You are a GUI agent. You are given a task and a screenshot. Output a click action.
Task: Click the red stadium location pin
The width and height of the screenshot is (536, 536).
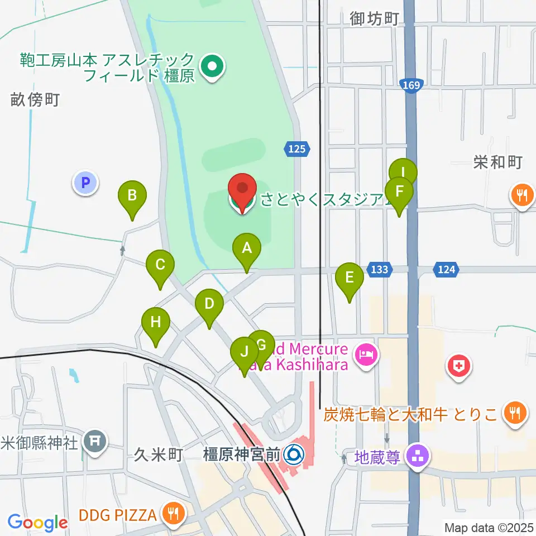tap(242, 193)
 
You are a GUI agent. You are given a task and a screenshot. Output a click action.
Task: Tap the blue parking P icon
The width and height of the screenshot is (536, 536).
tap(85, 182)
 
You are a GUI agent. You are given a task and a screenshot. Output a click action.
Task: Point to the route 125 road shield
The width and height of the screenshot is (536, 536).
tap(297, 149)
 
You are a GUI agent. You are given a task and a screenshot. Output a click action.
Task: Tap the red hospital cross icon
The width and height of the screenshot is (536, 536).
tap(459, 367)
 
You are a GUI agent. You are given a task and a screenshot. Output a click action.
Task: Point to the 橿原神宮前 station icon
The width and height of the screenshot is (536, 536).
tap(293, 455)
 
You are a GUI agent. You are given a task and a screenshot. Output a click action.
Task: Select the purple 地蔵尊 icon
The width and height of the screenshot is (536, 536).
tap(417, 455)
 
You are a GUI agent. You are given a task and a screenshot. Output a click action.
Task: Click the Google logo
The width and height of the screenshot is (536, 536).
tap(37, 523)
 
